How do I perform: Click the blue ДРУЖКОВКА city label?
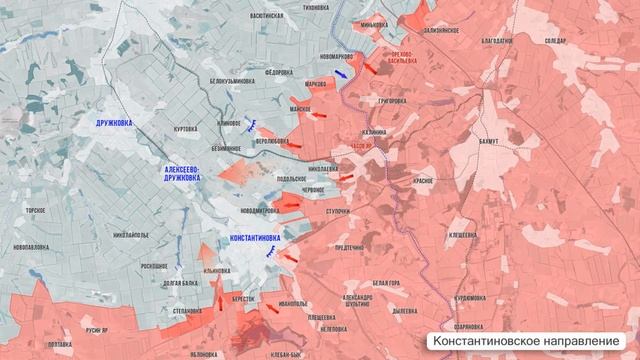pyautogui.click(x=115, y=121)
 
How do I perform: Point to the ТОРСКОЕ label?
pyautogui.click(x=37, y=211)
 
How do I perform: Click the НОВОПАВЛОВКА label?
pyautogui.click(x=33, y=247)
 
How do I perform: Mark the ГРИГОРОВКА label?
pyautogui.click(x=386, y=102)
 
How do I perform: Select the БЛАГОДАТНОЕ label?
pyautogui.click(x=496, y=40)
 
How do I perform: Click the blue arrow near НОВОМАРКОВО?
pyautogui.click(x=342, y=72)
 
